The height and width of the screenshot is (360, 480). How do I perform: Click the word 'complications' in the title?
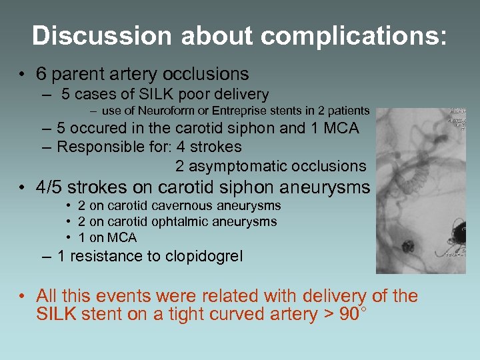(351, 35)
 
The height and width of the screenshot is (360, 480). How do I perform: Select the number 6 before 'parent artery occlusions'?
(42, 74)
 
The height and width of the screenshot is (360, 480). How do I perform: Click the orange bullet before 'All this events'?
(23, 295)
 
